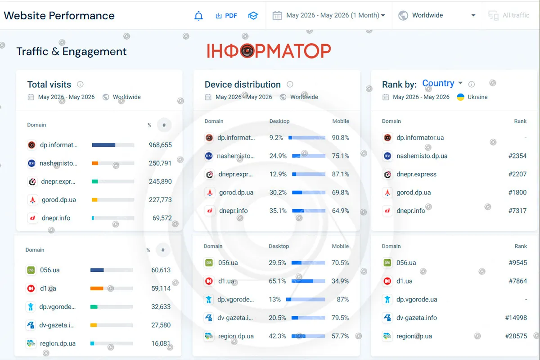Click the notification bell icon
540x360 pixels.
click(198, 16)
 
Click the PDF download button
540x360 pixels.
click(226, 16)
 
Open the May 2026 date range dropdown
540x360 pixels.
click(329, 15)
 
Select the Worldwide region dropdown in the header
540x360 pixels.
click(436, 15)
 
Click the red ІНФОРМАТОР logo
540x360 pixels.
click(269, 51)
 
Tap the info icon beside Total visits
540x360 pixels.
click(80, 85)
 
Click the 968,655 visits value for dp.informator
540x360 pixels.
click(160, 145)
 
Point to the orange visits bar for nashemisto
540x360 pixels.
click(95, 163)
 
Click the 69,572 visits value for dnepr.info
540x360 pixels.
click(162, 218)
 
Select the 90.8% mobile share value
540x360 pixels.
click(340, 138)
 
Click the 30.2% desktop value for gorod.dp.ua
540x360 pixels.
click(278, 193)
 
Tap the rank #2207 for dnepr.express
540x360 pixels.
click(517, 174)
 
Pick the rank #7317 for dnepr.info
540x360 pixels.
click(517, 211)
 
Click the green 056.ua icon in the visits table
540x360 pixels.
click(31, 270)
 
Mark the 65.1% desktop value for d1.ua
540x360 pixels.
click(277, 281)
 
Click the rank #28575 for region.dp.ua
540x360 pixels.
click(516, 336)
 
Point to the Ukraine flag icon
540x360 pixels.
click(460, 97)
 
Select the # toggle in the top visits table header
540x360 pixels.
click(164, 125)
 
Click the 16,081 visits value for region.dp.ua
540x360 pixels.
click(161, 343)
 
